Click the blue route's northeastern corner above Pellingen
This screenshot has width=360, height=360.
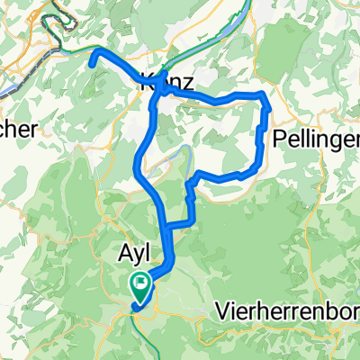(x=262, y=95)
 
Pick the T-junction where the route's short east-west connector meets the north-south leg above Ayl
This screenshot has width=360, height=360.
(x=163, y=223)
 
